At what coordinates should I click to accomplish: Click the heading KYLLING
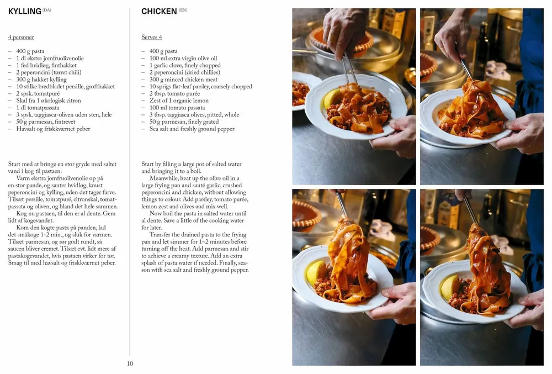(25, 11)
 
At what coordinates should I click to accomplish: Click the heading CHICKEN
(159, 11)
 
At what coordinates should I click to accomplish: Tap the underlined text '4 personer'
(21, 38)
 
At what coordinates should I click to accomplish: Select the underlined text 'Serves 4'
(152, 38)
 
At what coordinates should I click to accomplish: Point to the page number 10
(130, 364)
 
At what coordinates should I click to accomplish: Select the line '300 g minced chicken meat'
(183, 80)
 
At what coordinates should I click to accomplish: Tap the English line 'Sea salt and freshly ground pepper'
(192, 129)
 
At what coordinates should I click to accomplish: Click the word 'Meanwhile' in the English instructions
(166, 178)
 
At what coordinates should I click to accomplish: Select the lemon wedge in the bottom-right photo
(449, 286)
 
